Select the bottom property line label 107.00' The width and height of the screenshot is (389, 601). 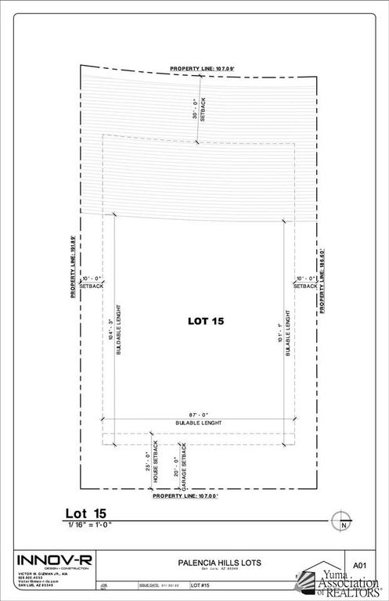pos(185,495)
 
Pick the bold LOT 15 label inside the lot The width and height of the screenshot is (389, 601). pos(204,320)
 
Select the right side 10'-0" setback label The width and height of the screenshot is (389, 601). pos(305,283)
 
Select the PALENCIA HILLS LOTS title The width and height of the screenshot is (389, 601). pos(207,562)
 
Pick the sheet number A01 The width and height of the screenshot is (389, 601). pos(359,563)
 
